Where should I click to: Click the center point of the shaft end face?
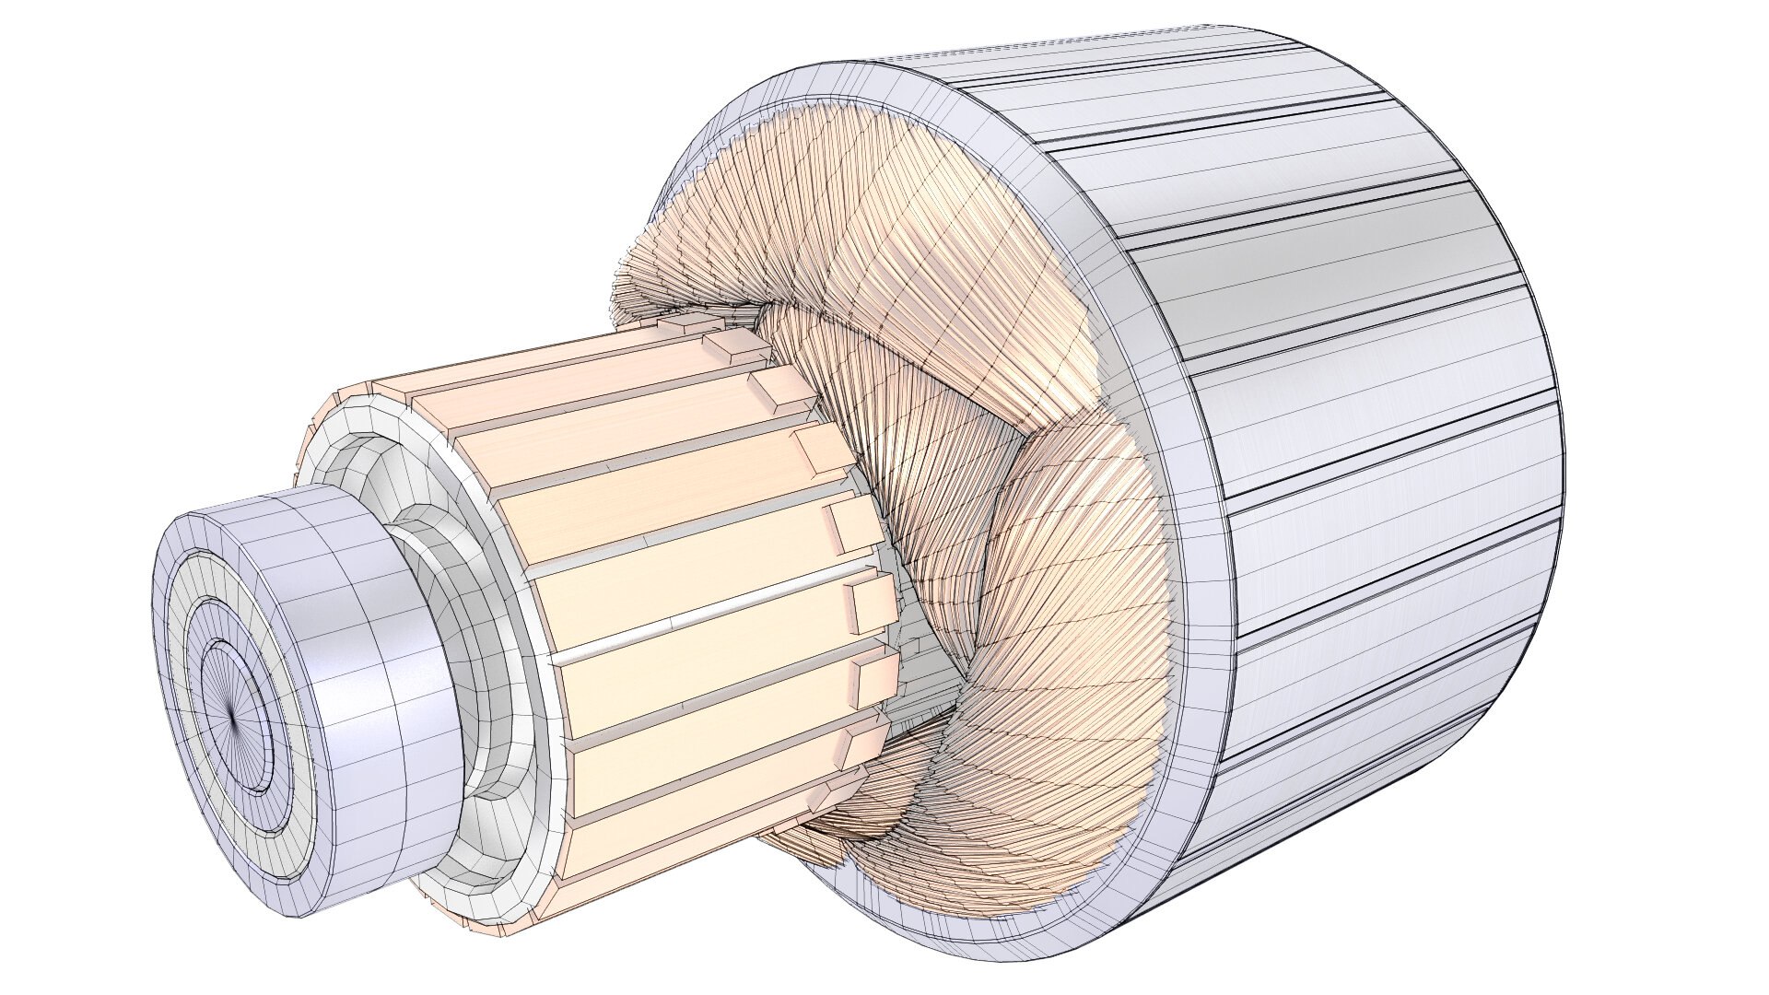(x=229, y=711)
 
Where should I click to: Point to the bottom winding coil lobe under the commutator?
(x=921, y=829)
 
